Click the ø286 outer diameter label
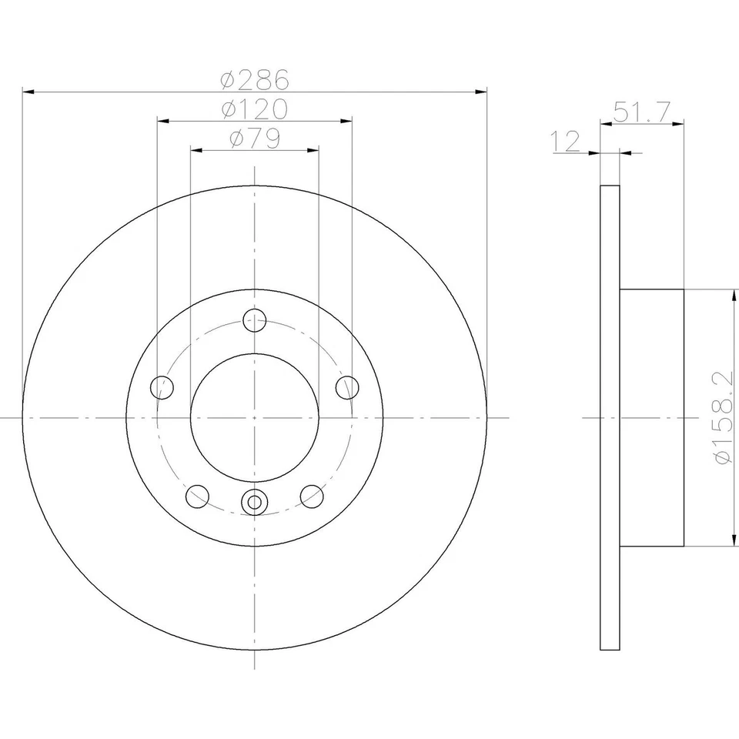(254, 79)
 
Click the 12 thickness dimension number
(566, 141)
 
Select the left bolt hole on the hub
(162, 387)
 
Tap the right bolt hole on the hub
(348, 387)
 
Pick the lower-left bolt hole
(198, 497)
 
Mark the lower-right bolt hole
(312, 497)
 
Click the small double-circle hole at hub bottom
(253, 503)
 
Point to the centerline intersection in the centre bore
(253, 417)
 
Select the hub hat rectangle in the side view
(652, 418)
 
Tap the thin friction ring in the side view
(610, 418)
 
